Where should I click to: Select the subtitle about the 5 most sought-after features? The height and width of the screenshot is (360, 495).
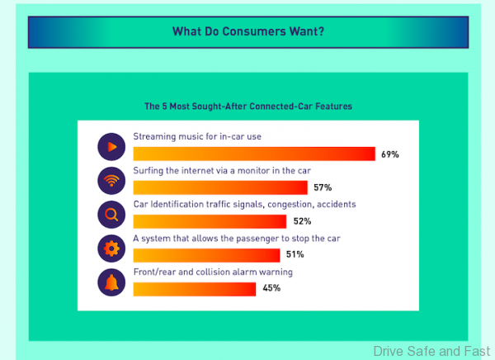click(x=248, y=107)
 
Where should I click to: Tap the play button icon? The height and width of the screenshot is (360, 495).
click(x=111, y=147)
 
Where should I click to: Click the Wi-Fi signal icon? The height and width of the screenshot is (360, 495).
click(x=111, y=181)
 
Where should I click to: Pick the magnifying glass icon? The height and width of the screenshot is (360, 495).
click(x=111, y=215)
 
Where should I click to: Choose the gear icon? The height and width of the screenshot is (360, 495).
click(x=111, y=249)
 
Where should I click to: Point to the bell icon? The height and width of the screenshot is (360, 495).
click(x=111, y=282)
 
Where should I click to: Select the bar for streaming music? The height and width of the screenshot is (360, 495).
click(x=253, y=154)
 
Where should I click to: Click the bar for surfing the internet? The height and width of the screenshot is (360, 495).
click(x=219, y=187)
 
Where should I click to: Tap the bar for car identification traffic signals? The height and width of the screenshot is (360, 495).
click(x=209, y=221)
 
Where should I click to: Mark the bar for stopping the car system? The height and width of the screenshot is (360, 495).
click(x=206, y=255)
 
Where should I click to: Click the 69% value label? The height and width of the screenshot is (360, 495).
click(x=389, y=154)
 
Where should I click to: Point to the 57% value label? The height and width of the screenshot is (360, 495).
click(x=323, y=188)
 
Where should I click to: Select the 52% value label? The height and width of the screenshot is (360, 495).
click(x=301, y=222)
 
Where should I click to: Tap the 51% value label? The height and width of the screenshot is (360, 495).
click(x=295, y=256)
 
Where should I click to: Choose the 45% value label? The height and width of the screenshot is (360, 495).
click(x=271, y=289)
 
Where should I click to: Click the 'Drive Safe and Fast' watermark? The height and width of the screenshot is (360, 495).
click(x=432, y=351)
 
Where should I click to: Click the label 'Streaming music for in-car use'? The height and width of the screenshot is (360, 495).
click(x=197, y=135)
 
